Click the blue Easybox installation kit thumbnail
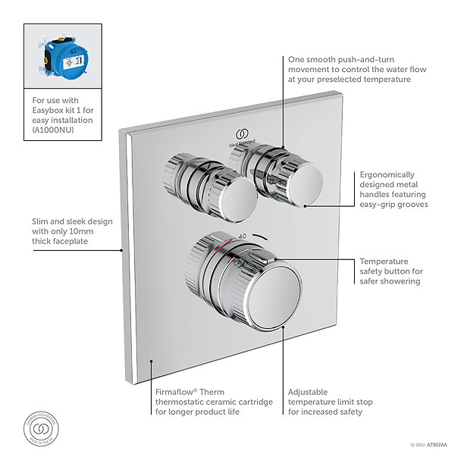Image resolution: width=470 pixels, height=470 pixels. coord(63,56)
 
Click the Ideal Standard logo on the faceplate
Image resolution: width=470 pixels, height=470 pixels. coord(243,136)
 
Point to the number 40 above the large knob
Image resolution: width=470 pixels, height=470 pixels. coord(243,236)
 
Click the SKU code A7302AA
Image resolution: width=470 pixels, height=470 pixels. coord(437,445)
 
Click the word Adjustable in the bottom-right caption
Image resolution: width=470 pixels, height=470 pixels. coord(308,393)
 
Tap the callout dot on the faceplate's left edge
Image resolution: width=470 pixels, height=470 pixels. coord(121,249)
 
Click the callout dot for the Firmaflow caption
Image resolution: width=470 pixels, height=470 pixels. coord(152,362)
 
